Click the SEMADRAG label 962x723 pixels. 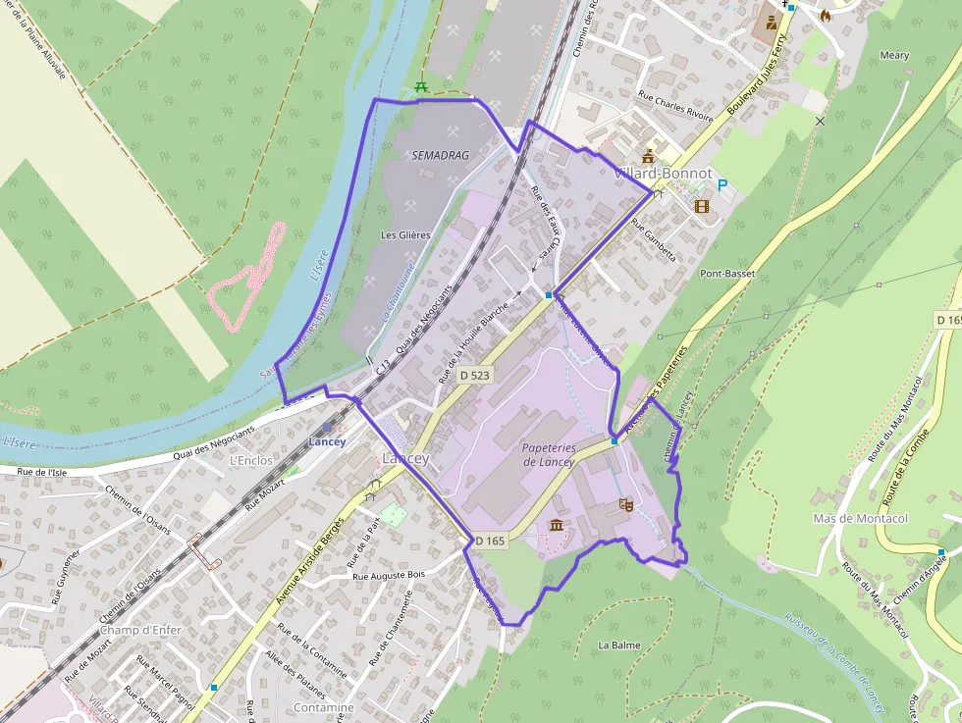[441, 156]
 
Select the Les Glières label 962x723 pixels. [405, 235]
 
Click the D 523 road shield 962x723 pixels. [474, 375]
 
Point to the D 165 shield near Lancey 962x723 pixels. [489, 541]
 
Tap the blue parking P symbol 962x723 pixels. [723, 185]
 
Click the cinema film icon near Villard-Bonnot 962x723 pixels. [701, 206]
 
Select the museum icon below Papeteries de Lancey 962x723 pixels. [557, 526]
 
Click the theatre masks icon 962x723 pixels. [623, 505]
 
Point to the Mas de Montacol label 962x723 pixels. [861, 518]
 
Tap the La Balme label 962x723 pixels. [619, 645]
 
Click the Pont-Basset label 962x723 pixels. [728, 274]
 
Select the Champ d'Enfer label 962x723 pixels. [140, 630]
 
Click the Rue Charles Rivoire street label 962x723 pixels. [675, 106]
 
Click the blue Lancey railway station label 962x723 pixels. [327, 441]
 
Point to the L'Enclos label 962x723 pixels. [248, 459]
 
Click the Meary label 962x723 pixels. [894, 56]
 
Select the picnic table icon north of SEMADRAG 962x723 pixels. [421, 87]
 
